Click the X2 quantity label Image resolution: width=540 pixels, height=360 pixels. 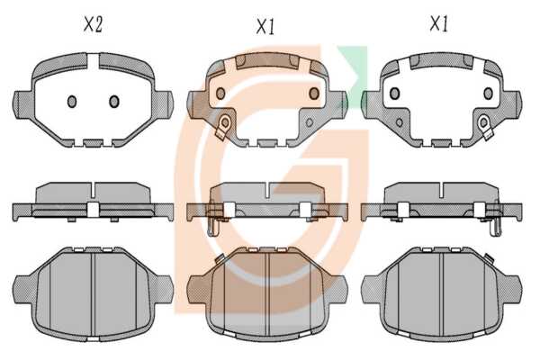click(x=93, y=25)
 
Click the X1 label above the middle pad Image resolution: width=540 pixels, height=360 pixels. click(x=265, y=26)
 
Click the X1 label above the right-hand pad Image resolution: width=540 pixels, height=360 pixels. click(x=439, y=24)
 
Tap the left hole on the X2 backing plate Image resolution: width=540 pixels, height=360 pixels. click(x=72, y=102)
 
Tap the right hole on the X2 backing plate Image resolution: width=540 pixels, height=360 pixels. click(x=114, y=102)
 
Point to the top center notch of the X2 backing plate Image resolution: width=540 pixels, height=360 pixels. click(x=93, y=61)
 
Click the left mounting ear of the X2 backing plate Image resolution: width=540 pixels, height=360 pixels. click(x=23, y=104)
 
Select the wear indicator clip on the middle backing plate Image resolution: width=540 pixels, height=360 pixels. click(x=222, y=127)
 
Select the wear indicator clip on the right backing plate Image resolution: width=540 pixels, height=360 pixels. click(x=486, y=127)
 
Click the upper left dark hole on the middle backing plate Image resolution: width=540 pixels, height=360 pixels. click(x=220, y=94)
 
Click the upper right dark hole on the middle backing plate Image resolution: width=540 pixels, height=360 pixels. click(x=314, y=93)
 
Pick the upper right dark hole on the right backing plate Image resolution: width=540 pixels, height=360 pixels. click(x=488, y=93)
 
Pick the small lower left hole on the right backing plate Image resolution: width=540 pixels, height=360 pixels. click(x=399, y=122)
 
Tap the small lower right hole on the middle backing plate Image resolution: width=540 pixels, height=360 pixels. click(x=310, y=122)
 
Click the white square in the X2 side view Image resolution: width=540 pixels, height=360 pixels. click(x=93, y=210)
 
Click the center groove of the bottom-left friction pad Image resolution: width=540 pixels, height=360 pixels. click(x=93, y=293)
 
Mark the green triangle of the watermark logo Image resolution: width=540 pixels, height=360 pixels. click(x=354, y=70)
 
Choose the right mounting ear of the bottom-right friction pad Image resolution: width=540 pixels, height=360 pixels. click(x=511, y=290)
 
